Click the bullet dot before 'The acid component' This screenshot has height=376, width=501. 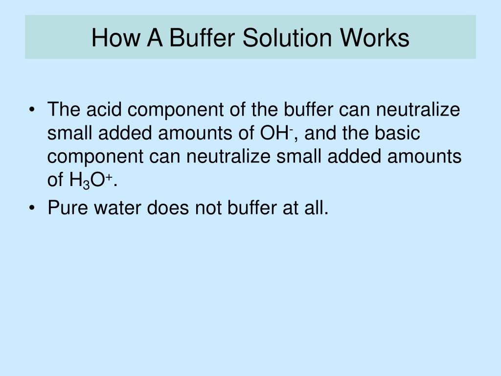pos(32,110)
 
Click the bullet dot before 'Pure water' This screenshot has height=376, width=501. pos(32,208)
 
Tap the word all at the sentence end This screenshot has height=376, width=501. pos(316,208)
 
